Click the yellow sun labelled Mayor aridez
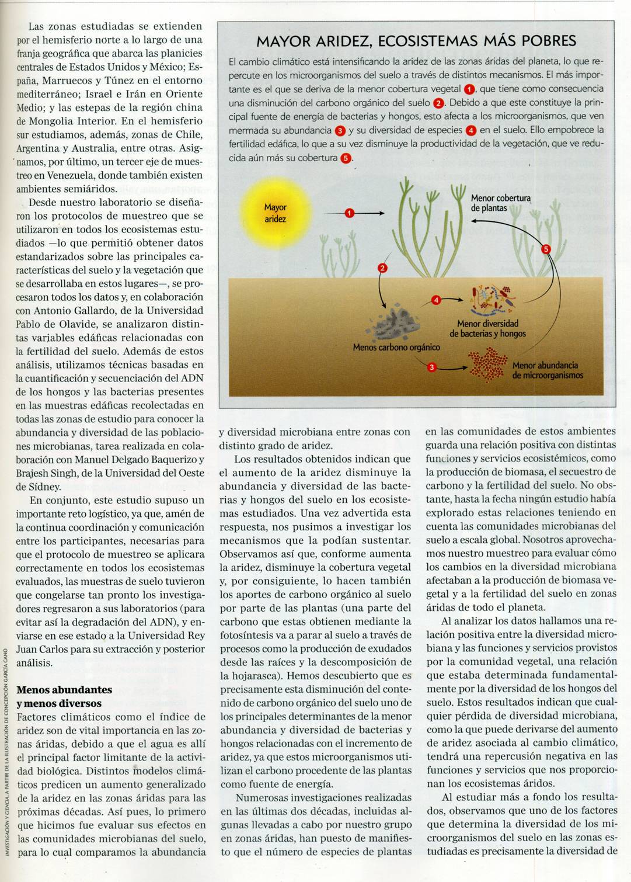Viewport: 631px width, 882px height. tap(275, 214)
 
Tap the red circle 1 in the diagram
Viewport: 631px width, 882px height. tap(349, 213)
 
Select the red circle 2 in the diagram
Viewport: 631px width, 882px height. tap(383, 268)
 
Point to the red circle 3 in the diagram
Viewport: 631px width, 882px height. tap(431, 367)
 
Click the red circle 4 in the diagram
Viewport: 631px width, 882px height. tap(436, 300)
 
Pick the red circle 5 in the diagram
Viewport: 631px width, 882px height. tap(546, 249)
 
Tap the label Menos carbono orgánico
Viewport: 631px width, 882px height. tap(396, 348)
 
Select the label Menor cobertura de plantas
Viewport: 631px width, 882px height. tap(500, 203)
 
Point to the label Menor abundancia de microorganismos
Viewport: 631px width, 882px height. tap(547, 370)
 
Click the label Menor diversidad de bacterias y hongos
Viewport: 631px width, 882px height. tap(487, 328)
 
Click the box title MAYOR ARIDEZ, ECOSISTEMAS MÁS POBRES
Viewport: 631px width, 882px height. tap(416, 41)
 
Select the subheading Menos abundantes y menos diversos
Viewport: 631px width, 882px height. tap(64, 696)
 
